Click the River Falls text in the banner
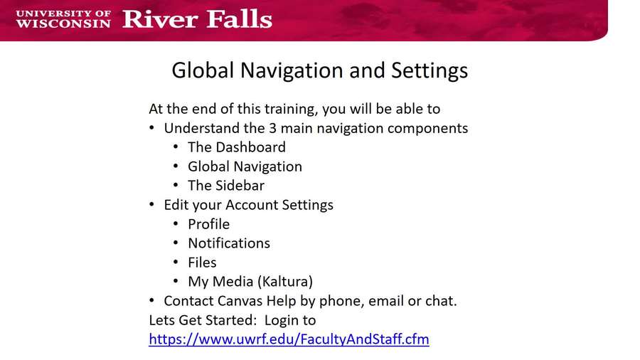[x=197, y=18]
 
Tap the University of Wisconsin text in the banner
[x=63, y=18]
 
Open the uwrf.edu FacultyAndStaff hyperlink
[x=289, y=339]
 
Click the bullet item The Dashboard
[x=236, y=147]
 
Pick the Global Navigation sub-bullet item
[x=245, y=166]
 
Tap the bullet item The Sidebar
[x=225, y=186]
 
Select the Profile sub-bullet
[x=208, y=224]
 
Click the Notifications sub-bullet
[x=228, y=243]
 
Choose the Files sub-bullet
[x=202, y=263]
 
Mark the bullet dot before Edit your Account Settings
[x=152, y=205]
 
